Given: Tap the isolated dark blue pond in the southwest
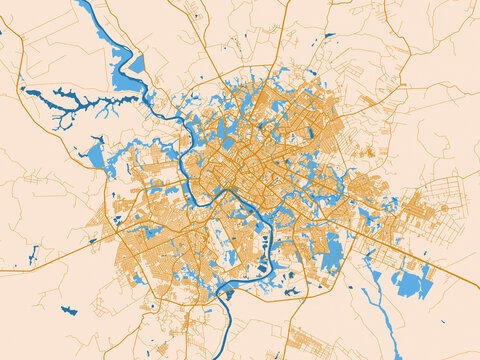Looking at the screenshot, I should click(68, 310).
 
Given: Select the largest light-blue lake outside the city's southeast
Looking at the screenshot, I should click(411, 284).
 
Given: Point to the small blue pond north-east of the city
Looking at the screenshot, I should click(329, 37).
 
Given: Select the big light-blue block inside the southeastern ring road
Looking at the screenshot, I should click(330, 250).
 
